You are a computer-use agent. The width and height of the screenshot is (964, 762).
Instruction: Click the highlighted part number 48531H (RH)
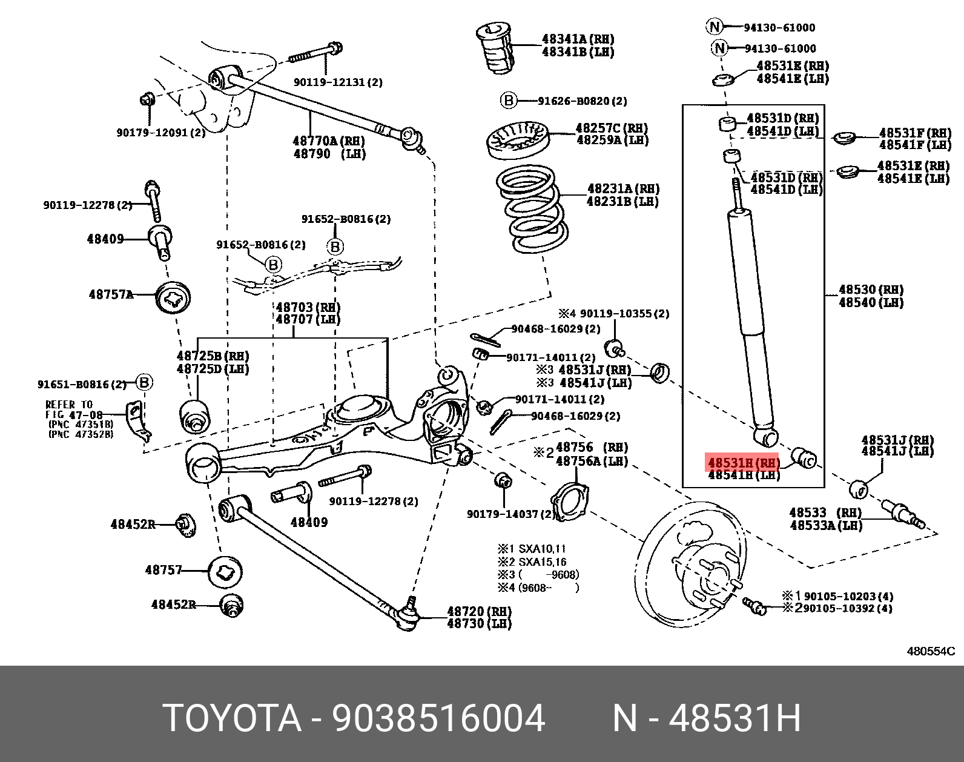(743, 463)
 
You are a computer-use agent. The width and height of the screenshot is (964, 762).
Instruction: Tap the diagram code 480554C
(930, 651)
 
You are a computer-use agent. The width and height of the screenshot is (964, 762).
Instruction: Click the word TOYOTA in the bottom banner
(232, 719)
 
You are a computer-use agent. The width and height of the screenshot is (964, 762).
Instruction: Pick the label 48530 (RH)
(871, 290)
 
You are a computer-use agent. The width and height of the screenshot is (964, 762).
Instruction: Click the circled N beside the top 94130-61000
(715, 27)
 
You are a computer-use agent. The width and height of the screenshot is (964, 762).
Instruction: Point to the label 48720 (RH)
(479, 611)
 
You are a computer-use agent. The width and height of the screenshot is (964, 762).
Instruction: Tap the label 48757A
(111, 294)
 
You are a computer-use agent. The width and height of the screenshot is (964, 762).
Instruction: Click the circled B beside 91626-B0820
(508, 101)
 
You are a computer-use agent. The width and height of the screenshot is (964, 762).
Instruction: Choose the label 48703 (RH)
(308, 307)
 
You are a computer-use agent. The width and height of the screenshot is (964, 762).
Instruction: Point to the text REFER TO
(69, 405)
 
